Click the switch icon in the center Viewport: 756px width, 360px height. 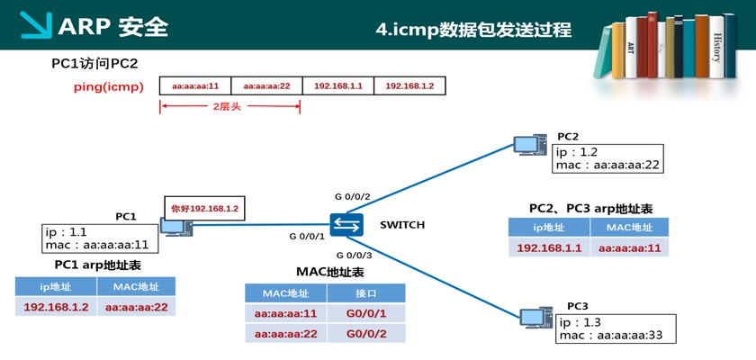pyautogui.click(x=345, y=225)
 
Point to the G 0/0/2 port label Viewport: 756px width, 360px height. pyautogui.click(x=352, y=196)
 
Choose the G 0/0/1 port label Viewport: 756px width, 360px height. pyautogui.click(x=306, y=237)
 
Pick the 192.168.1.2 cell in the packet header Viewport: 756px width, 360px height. pyautogui.click(x=409, y=85)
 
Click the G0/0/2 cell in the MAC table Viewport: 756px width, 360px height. pyautogui.click(x=365, y=334)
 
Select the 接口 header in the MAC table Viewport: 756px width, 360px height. pyautogui.click(x=365, y=293)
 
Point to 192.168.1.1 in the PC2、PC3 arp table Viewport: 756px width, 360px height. pyautogui.click(x=548, y=247)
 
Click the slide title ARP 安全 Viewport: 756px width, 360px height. pyautogui.click(x=112, y=26)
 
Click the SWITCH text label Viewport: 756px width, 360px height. pyautogui.click(x=402, y=224)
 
